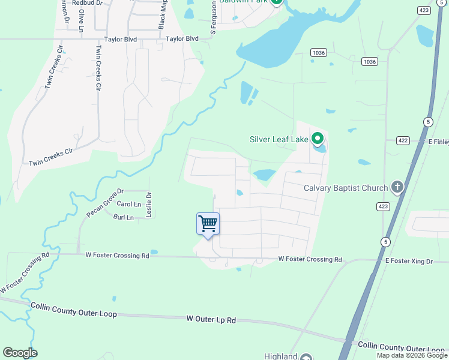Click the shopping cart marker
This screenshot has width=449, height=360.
(x=208, y=224)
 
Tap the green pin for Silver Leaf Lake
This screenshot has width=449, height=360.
(x=318, y=139)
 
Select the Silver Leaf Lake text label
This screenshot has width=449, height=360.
(x=279, y=140)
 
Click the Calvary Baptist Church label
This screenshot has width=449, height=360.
(x=345, y=188)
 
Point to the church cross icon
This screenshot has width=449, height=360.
(x=396, y=187)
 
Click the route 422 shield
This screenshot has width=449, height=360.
(x=402, y=140)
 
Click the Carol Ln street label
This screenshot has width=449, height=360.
(x=128, y=204)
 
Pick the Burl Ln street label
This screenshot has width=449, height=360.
(x=123, y=217)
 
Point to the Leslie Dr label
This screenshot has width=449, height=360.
(x=149, y=204)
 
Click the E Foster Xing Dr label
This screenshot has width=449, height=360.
(x=409, y=261)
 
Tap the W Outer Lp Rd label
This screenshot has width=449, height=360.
(x=211, y=319)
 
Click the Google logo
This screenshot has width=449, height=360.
(x=20, y=353)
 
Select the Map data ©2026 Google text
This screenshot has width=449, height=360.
(x=412, y=355)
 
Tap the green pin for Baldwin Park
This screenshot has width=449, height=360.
(x=276, y=2)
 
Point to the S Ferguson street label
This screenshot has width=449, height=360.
(x=212, y=18)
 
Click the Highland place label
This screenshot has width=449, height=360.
(x=282, y=356)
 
